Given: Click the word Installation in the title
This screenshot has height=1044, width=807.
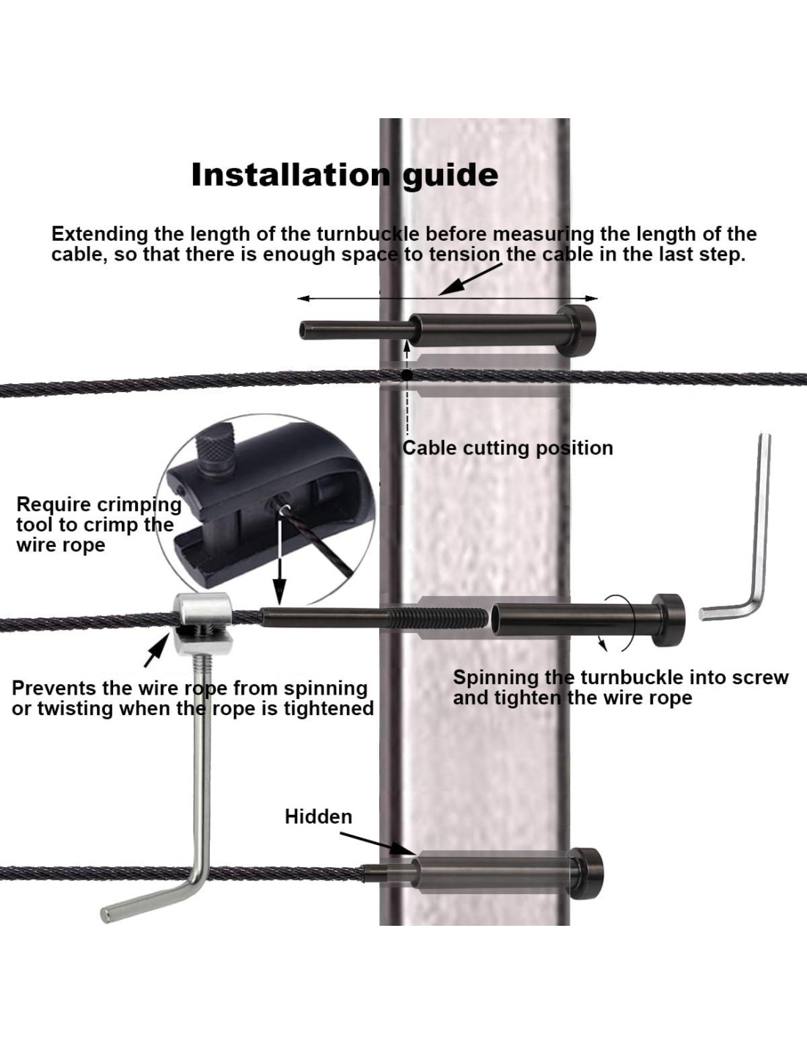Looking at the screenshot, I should (x=289, y=175).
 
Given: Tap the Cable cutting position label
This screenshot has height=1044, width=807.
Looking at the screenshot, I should (x=508, y=448).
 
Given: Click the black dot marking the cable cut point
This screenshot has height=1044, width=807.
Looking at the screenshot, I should (x=406, y=375).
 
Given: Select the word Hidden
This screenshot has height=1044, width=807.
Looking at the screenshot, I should (x=318, y=816).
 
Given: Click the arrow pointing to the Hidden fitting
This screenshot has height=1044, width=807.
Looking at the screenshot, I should (x=374, y=843).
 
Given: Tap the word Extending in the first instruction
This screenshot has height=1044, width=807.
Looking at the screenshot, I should (x=100, y=234).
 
